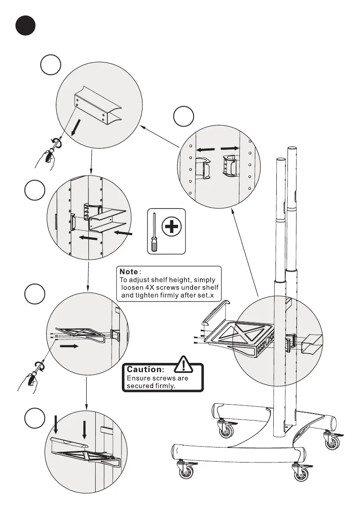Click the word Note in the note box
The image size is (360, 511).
[129, 272]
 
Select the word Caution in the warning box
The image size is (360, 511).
[145, 369]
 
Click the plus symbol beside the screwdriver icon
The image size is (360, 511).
[172, 227]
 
